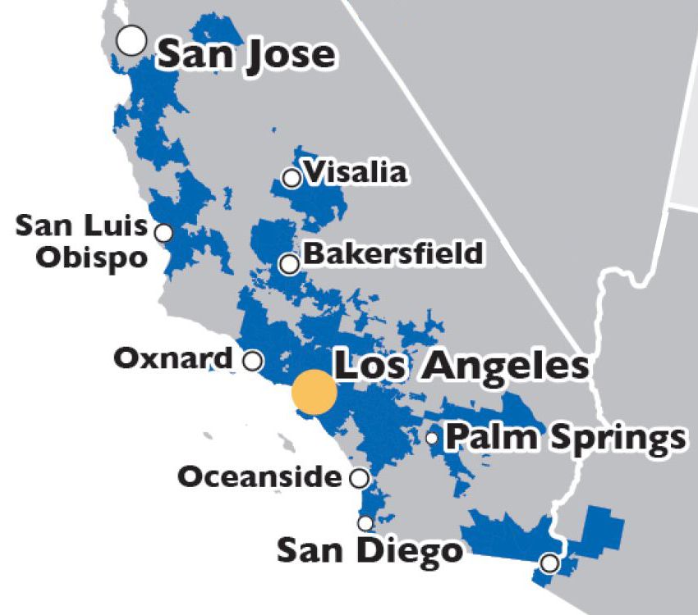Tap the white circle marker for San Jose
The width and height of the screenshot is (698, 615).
[x=131, y=39]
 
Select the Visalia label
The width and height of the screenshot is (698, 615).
[x=355, y=173]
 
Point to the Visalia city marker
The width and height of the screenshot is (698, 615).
[x=291, y=178]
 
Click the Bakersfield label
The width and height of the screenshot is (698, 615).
[x=393, y=253]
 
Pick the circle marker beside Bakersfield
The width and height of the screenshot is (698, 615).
[x=289, y=264]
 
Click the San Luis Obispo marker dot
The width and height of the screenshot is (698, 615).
[x=164, y=233]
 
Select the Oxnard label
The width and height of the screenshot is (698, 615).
[x=173, y=358]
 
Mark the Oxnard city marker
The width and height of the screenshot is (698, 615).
[x=254, y=360]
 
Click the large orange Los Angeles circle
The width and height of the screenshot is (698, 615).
[x=315, y=392]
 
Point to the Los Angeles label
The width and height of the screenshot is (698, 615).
[x=462, y=366]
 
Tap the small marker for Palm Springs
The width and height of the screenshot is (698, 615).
[x=432, y=438]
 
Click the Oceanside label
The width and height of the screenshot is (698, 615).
[x=259, y=476]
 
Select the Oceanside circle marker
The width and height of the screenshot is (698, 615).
[x=360, y=478]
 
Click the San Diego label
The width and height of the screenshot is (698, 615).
[x=370, y=549]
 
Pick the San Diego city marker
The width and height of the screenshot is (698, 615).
[x=365, y=523]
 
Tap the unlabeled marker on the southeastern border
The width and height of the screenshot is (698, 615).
[x=549, y=563]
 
